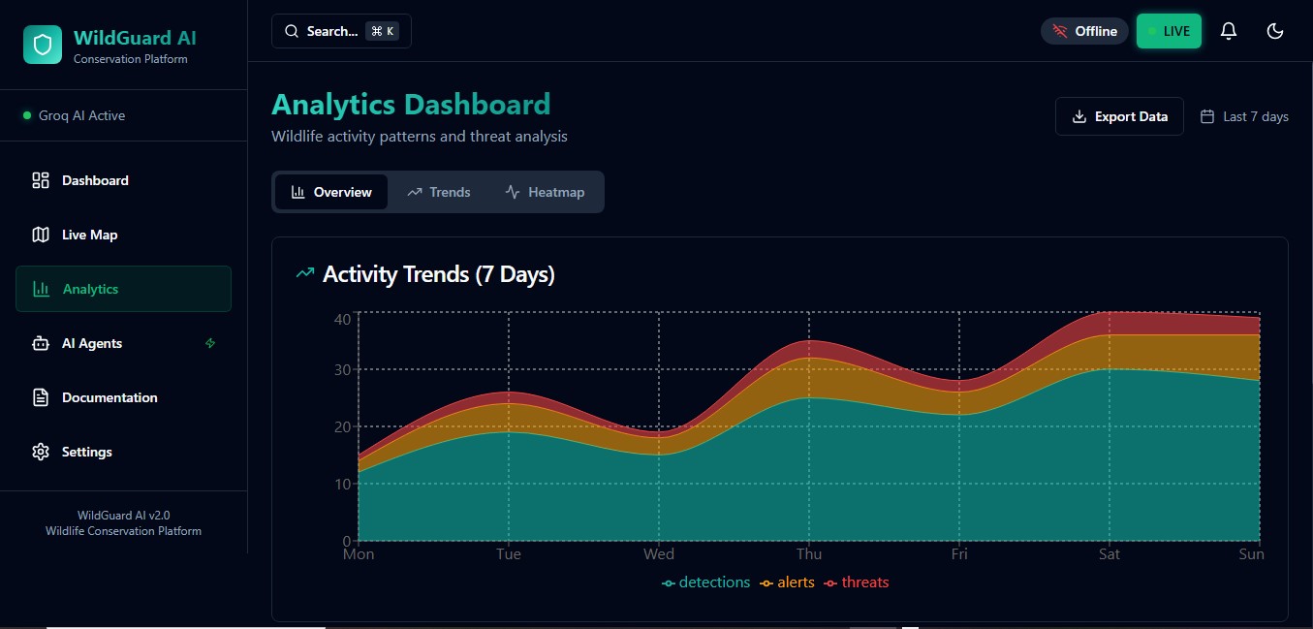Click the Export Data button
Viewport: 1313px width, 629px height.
1119,116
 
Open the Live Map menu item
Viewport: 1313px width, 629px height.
89,235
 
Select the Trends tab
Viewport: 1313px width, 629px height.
439,192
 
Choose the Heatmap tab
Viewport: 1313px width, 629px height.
545,192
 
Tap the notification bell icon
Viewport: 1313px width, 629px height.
1229,31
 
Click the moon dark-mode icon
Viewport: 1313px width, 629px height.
1275,31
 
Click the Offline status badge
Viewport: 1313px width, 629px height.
1084,31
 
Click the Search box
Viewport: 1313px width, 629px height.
341,31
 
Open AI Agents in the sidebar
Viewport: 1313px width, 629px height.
92,343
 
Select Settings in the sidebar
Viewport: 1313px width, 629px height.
86,452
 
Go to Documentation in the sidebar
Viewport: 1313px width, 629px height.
109,397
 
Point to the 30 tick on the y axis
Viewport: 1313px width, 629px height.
341,369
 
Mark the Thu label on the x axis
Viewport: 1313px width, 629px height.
809,554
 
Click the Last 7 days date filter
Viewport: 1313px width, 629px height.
1245,116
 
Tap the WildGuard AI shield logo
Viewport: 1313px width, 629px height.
43,45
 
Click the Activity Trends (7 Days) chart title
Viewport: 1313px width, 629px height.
438,274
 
